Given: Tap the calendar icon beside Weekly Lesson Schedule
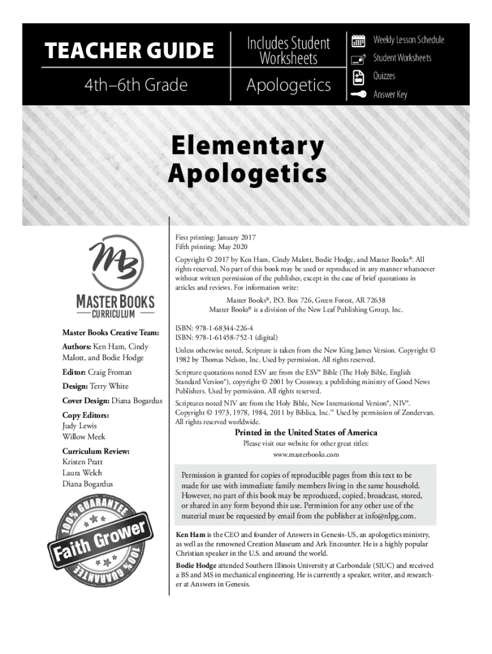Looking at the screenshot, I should point(358,40).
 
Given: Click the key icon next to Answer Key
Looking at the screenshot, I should point(358,95).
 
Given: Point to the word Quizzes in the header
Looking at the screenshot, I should point(384,76).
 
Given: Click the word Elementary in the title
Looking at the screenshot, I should point(247,146).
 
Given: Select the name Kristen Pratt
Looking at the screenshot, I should point(82,461).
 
